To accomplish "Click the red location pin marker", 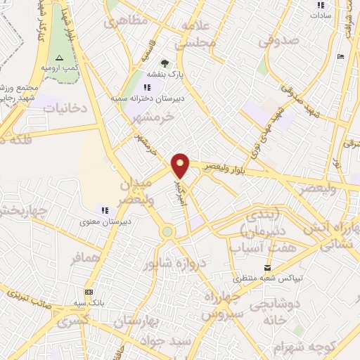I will click(x=181, y=165).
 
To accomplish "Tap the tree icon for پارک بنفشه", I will click(x=165, y=64).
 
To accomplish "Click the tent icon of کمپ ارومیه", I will click(x=59, y=58).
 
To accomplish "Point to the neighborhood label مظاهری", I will click(x=127, y=22).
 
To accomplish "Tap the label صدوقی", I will click(x=278, y=42).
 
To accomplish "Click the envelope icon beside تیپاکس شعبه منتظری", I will click(x=267, y=267).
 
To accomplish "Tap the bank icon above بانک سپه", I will click(x=89, y=291).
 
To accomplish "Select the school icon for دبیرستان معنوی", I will click(x=105, y=210).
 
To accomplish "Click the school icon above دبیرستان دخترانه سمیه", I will click(x=146, y=88).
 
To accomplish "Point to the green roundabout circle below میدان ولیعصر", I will click(x=167, y=231).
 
